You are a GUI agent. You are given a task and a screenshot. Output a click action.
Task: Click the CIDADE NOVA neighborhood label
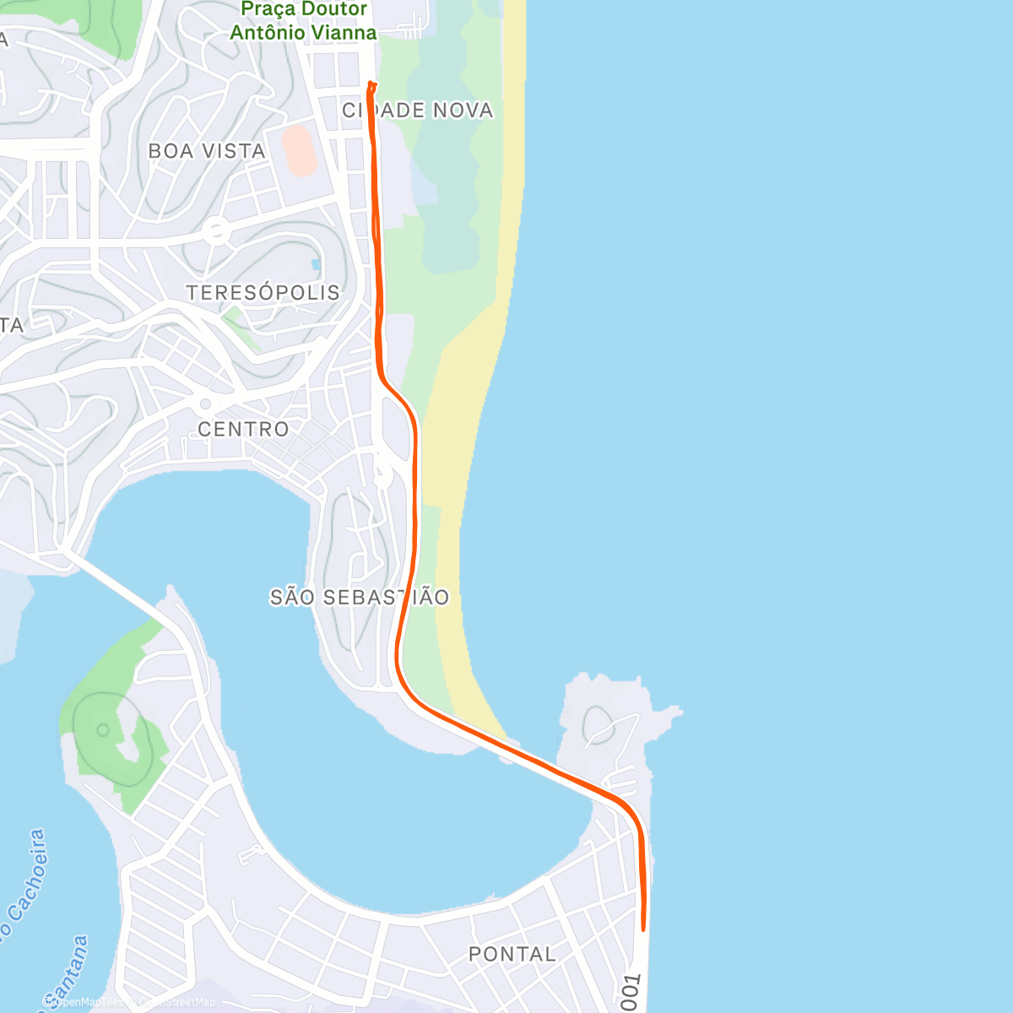point(418,111)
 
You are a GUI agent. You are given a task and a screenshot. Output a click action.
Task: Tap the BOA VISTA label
point(207,151)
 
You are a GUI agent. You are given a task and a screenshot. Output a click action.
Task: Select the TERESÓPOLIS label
point(263,293)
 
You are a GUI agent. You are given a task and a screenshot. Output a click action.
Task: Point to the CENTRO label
point(243,429)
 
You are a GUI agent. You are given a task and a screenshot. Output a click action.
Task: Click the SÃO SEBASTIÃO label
point(360,598)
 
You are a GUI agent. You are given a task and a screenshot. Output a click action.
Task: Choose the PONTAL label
point(512,954)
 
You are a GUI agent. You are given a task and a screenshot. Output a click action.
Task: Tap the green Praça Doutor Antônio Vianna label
point(304,22)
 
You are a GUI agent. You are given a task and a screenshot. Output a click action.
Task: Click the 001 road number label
point(631,993)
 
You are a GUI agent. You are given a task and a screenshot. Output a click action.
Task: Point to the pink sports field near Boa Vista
point(299,150)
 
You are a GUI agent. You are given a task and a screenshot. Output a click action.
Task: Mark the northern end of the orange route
point(371,84)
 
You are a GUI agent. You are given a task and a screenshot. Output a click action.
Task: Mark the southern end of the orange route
point(643,929)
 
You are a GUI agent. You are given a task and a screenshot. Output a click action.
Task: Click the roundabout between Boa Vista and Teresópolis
point(216,230)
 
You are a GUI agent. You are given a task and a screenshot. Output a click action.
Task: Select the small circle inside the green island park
point(103,729)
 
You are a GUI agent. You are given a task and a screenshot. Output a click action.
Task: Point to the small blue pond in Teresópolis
point(316,264)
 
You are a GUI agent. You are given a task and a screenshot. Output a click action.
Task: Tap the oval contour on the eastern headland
point(598,725)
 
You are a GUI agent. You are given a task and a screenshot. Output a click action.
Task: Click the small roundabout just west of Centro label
point(205,404)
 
